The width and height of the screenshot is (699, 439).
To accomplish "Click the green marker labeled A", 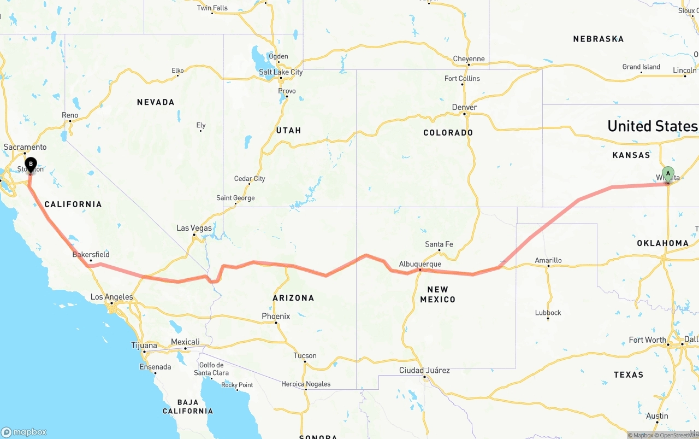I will pyautogui.click(x=667, y=174).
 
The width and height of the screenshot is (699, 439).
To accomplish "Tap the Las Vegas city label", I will pyautogui.click(x=194, y=228).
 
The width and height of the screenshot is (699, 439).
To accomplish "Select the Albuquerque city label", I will pyautogui.click(x=419, y=264).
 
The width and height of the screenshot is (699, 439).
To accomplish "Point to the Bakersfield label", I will pyautogui.click(x=91, y=254).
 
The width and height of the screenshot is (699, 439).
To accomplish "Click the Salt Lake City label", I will pyautogui.click(x=281, y=72).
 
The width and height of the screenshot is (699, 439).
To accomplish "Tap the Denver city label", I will pyautogui.click(x=465, y=107).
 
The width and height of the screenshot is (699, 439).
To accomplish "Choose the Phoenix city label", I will pyautogui.click(x=276, y=316).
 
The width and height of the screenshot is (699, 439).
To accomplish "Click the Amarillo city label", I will pyautogui.click(x=548, y=260).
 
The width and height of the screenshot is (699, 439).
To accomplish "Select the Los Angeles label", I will pyautogui.click(x=111, y=297).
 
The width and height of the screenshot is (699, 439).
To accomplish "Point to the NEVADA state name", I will pyautogui.click(x=156, y=102).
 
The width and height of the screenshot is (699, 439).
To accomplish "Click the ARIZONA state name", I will pyautogui.click(x=293, y=298).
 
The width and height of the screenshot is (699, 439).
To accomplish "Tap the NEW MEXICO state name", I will pyautogui.click(x=437, y=294).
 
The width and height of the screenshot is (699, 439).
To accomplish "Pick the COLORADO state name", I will pyautogui.click(x=448, y=133).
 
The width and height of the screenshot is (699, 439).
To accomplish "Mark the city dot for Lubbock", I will pyautogui.click(x=548, y=318).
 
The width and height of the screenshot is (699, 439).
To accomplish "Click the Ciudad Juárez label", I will pyautogui.click(x=424, y=370).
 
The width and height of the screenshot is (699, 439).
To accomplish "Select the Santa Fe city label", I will pyautogui.click(x=439, y=244).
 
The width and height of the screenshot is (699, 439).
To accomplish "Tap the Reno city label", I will pyautogui.click(x=70, y=115).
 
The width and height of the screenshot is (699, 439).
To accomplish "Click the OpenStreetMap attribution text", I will pyautogui.click(x=678, y=435).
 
